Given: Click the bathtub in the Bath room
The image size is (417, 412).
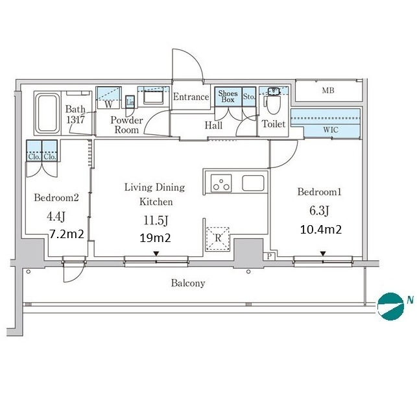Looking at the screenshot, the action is click(47, 113).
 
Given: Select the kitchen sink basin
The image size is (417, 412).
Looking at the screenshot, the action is click(253, 183).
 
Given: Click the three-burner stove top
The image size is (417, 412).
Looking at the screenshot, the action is click(221, 183).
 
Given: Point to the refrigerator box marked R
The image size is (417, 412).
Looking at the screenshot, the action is click(218, 239).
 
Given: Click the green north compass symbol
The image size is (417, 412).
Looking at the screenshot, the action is click(391, 306).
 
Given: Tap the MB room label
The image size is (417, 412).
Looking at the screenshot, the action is click(328, 90).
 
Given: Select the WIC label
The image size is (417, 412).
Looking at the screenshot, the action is click(331, 130).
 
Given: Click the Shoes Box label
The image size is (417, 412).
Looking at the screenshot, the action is click(228, 96).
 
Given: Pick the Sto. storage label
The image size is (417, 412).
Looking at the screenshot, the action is click(249, 96).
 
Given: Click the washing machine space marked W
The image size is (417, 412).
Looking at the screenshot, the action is click(108, 98).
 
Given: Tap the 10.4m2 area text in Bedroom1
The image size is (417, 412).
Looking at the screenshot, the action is click(321, 230).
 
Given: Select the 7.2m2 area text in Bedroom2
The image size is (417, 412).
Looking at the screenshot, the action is click(67, 234).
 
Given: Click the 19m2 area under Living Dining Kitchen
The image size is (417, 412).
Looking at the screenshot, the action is click(155, 237).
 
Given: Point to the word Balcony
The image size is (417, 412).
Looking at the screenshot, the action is click(188, 283).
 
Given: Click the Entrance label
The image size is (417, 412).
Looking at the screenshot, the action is click(191, 97).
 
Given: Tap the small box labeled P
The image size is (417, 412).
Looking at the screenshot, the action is click(269, 256).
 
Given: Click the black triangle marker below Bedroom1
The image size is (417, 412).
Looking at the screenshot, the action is click(323, 254).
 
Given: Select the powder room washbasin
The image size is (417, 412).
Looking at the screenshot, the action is click(154, 97).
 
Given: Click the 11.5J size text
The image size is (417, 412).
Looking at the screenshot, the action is click(156, 221).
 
